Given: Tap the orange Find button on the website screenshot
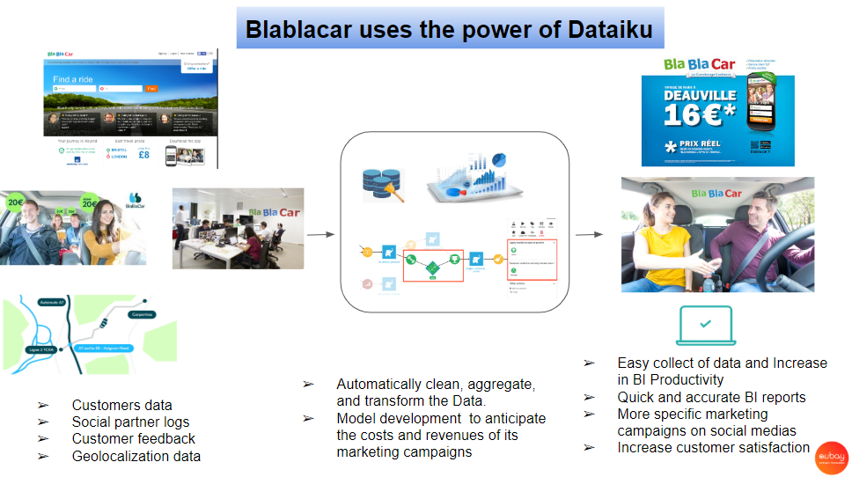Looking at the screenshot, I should (x=151, y=89).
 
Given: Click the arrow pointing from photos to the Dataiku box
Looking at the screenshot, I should (x=320, y=234).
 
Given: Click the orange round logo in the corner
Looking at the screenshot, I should (x=829, y=456).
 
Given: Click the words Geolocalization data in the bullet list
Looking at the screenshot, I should (x=136, y=456).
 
